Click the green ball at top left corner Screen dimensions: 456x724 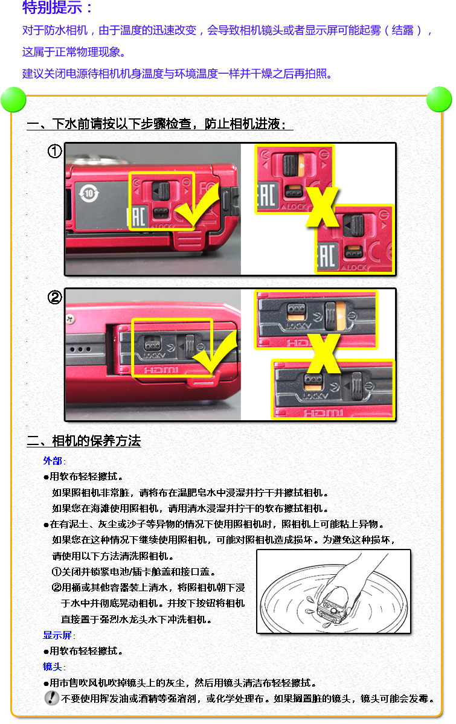[x=13, y=100]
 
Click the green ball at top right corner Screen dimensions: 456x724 [x=439, y=99]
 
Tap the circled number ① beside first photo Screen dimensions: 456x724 [x=54, y=151]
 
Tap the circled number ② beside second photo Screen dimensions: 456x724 [x=54, y=297]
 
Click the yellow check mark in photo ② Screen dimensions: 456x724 [x=215, y=350]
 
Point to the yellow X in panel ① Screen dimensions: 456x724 [x=323, y=207]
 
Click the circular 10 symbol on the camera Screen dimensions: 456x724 [x=89, y=193]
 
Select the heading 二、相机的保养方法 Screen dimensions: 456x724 [x=83, y=441]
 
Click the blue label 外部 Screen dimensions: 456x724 [x=53, y=461]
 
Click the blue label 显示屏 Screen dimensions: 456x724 [x=58, y=635]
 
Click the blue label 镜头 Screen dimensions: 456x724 [x=53, y=667]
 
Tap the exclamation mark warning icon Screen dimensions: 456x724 [x=52, y=697]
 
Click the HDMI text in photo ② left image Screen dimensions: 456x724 [x=161, y=370]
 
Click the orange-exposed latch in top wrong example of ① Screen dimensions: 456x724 [x=294, y=165]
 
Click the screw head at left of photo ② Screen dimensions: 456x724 [x=70, y=319]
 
